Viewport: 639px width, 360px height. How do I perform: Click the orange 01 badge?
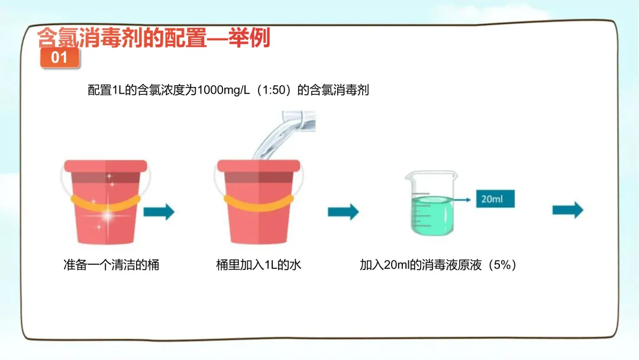click(x=60, y=57)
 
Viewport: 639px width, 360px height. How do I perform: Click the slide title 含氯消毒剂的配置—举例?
click(x=154, y=38)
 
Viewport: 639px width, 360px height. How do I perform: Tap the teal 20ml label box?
click(x=495, y=199)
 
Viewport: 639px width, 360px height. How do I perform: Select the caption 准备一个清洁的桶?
click(x=111, y=265)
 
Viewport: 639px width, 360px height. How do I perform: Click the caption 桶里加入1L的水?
click(x=259, y=265)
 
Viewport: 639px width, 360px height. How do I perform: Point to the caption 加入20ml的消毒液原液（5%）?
click(x=438, y=265)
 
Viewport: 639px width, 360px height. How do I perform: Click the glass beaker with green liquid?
click(x=431, y=203)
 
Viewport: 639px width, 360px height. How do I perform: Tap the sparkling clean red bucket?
click(x=105, y=202)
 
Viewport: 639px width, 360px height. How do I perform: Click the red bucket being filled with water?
click(x=259, y=202)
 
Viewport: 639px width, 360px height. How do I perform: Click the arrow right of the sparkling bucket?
click(x=159, y=211)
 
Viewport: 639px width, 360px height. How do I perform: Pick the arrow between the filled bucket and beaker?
click(x=343, y=211)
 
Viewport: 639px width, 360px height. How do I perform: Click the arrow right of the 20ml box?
click(x=567, y=210)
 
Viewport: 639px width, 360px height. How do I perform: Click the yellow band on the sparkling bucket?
click(x=105, y=204)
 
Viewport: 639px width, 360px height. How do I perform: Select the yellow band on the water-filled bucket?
click(x=259, y=204)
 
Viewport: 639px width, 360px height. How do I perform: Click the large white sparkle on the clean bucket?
click(x=108, y=216)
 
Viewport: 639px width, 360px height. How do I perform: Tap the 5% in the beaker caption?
click(x=502, y=265)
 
